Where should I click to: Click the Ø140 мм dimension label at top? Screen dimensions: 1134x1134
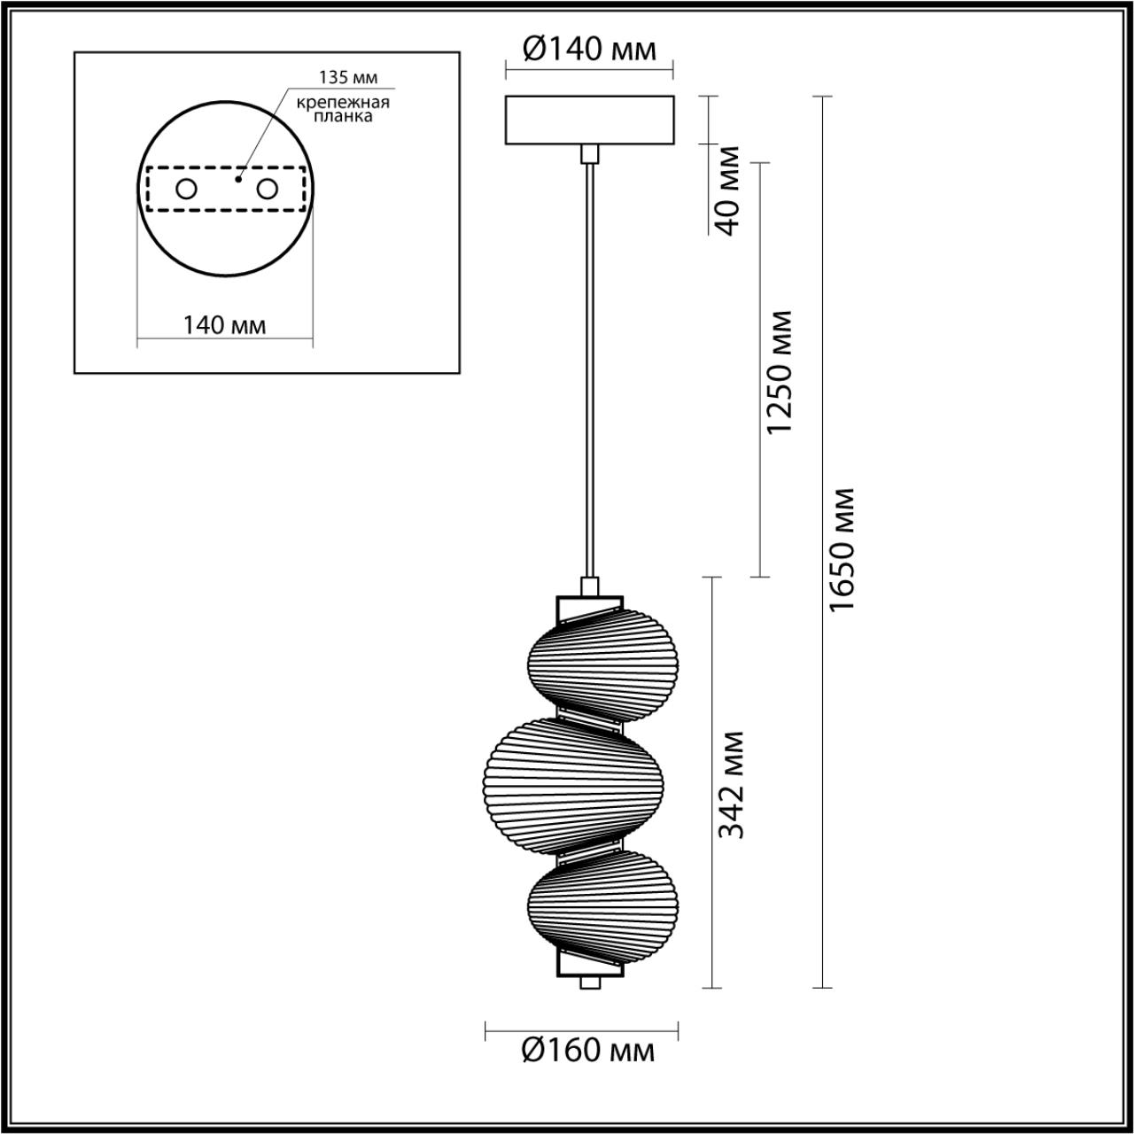tap(589, 50)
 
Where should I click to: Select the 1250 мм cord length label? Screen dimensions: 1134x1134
tap(779, 371)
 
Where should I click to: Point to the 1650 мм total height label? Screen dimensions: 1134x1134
tap(843, 549)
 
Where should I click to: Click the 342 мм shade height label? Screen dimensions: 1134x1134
tap(731, 785)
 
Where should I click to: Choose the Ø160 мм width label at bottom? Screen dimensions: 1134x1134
tap(588, 1051)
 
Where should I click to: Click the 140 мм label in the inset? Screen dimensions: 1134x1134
tap(224, 325)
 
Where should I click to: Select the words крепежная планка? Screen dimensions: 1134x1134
tap(343, 109)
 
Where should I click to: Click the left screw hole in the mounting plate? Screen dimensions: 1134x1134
tap(187, 189)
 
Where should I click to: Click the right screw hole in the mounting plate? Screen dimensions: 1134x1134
tap(266, 189)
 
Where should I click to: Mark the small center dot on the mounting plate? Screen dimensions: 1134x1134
tap(237, 179)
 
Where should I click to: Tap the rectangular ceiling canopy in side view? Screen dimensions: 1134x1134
tap(589, 120)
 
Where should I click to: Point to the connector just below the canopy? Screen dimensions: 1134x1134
tap(588, 154)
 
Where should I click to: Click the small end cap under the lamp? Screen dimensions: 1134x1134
tap(588, 983)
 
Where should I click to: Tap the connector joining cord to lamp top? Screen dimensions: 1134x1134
tap(588, 586)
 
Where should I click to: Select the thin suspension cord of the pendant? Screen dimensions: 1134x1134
tap(588, 372)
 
